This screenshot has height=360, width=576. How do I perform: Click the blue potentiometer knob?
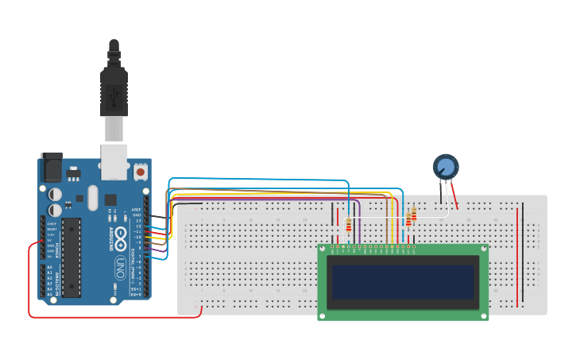point(446,167)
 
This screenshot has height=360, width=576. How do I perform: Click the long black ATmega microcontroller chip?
point(72,257)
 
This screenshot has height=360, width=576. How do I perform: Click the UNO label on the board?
point(120,264)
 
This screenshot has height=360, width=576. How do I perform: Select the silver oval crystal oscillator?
point(92,198)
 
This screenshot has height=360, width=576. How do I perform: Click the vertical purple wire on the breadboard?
point(360,226)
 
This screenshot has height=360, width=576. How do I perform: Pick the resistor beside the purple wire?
point(349,226)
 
